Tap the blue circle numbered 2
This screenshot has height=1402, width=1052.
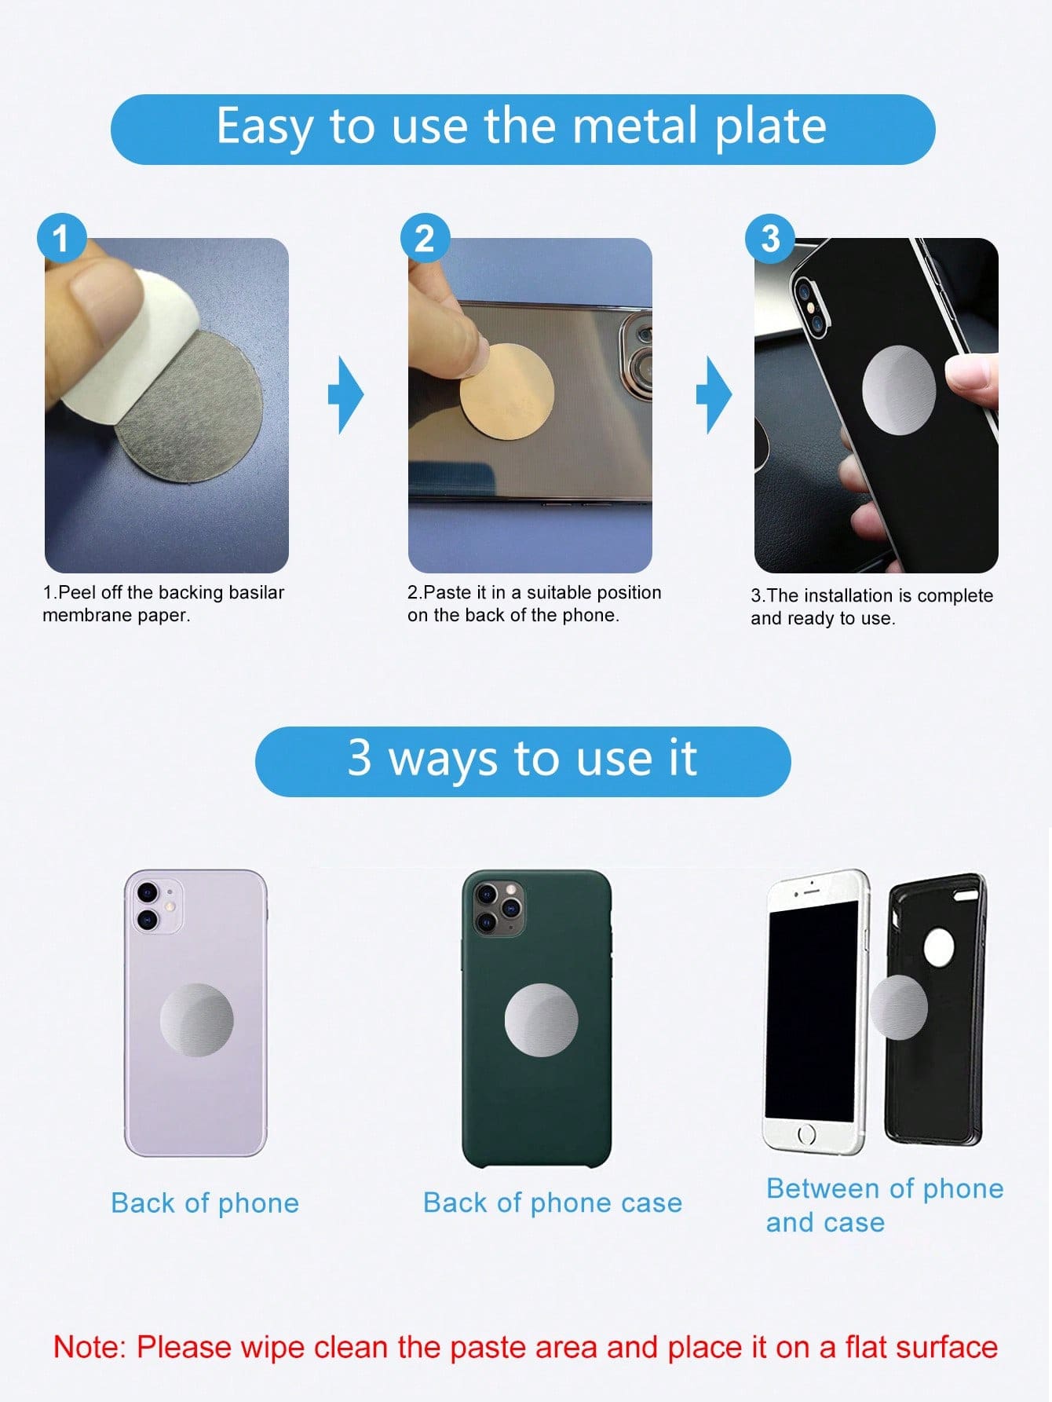click(425, 238)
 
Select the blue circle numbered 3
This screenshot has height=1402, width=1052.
click(770, 238)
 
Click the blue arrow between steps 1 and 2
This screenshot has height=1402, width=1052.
click(345, 394)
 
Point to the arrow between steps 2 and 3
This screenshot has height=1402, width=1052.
click(714, 394)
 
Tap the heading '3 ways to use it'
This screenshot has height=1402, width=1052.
click(522, 759)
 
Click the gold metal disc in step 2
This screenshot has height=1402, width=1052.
click(507, 393)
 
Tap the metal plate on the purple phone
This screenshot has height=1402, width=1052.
click(196, 1019)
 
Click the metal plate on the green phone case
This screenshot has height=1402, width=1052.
click(541, 1019)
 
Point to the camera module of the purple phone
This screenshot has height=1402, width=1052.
click(157, 906)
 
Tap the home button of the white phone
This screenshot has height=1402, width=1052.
click(806, 1134)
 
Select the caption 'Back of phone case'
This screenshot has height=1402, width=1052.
click(553, 1202)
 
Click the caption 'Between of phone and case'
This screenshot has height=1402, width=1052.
click(885, 1205)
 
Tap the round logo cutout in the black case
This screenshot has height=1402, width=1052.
click(939, 949)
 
